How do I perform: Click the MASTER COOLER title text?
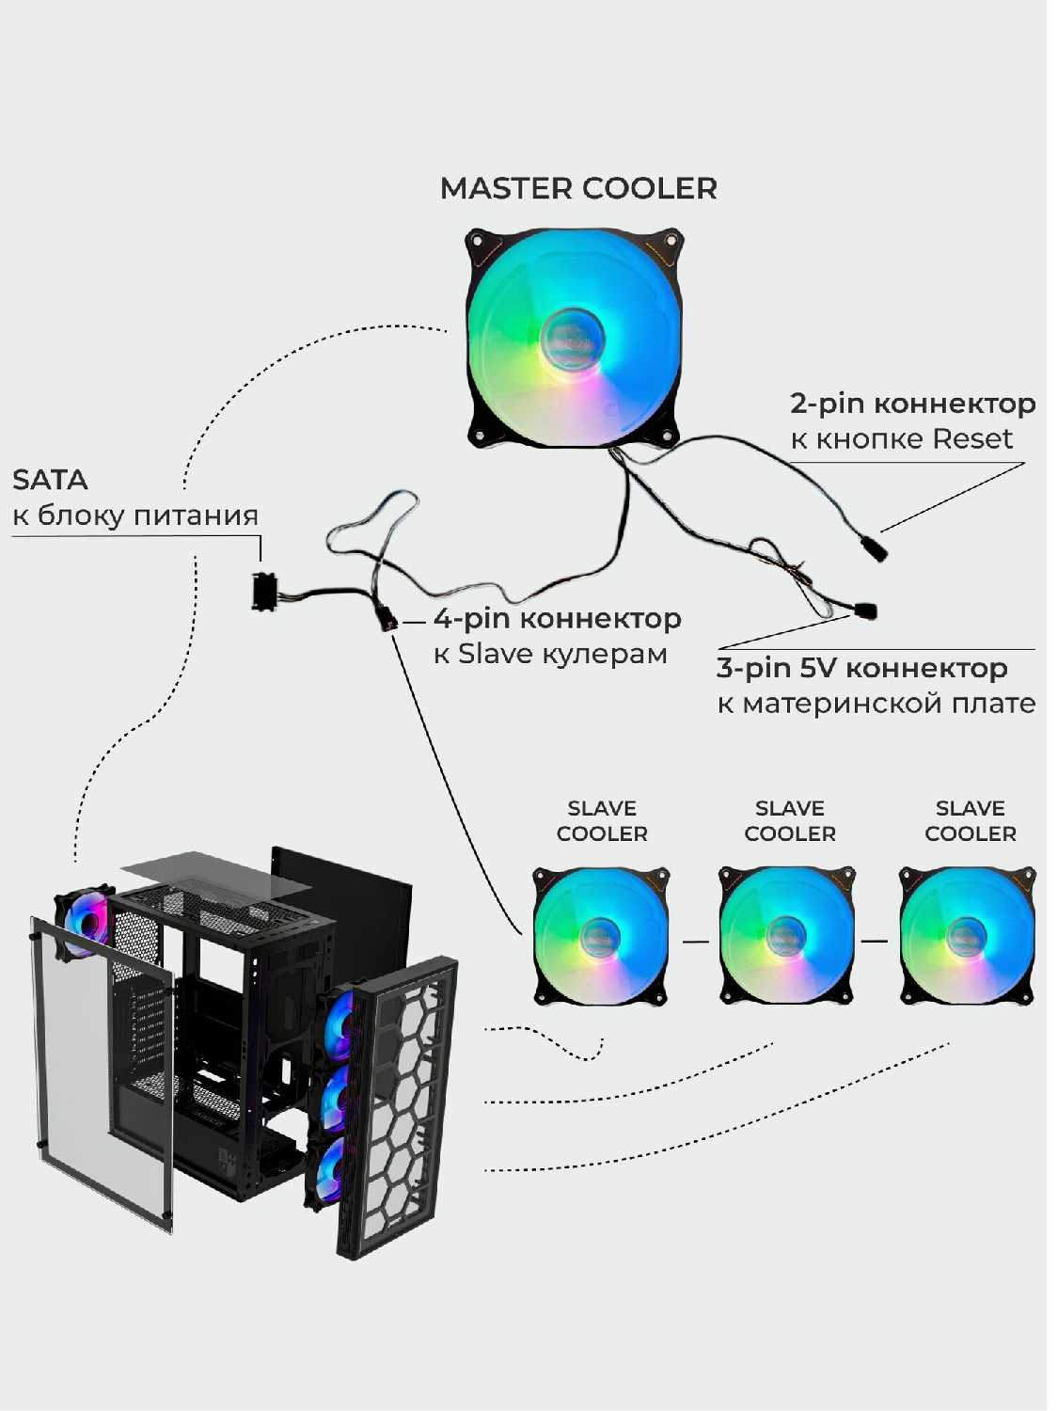click(x=578, y=188)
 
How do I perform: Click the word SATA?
click(x=50, y=480)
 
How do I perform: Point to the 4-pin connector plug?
click(x=387, y=620)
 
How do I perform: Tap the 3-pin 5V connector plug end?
click(x=866, y=610)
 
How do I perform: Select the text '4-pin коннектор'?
click(x=558, y=619)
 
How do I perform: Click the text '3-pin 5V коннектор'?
click(x=862, y=668)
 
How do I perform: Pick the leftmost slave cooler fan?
click(x=601, y=936)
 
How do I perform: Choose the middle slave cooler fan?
click(x=786, y=936)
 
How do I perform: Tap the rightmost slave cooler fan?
click(x=967, y=936)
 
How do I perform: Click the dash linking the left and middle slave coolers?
click(x=695, y=940)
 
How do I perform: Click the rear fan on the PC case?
click(x=86, y=921)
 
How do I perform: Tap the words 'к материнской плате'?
click(x=876, y=704)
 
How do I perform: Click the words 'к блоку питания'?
click(x=135, y=515)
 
